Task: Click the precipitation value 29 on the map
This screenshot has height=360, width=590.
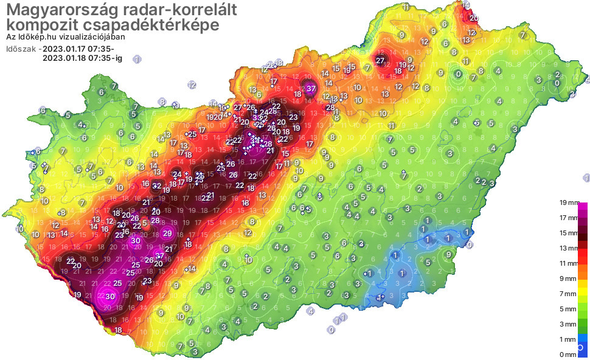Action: [167, 232]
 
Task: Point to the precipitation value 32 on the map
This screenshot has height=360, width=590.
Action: [156, 186]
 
